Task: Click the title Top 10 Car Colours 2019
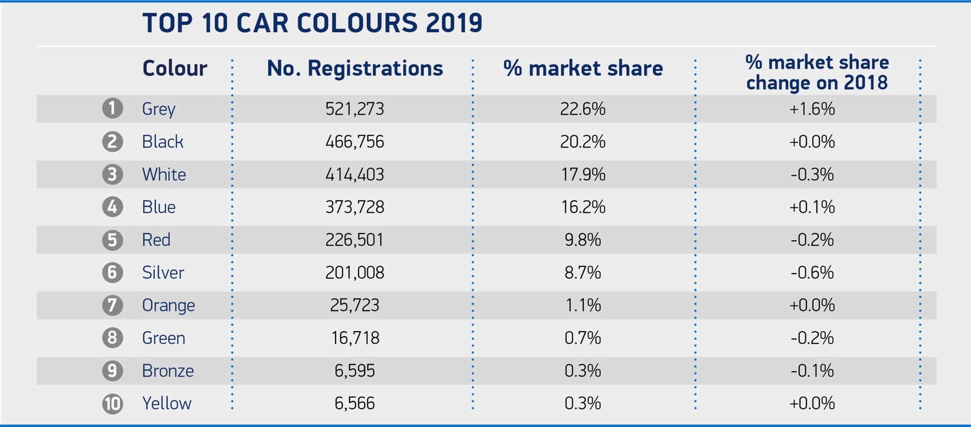(312, 24)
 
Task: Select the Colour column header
(175, 69)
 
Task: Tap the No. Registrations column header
(355, 69)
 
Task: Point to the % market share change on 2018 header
(817, 72)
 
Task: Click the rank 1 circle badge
(112, 109)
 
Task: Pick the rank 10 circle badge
(112, 403)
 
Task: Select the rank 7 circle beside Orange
(112, 305)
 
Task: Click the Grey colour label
(158, 109)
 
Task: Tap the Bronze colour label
(168, 371)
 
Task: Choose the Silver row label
(163, 272)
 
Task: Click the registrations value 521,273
(355, 109)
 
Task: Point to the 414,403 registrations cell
(355, 174)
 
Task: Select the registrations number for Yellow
(355, 403)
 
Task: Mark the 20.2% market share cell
(583, 141)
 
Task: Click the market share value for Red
(583, 240)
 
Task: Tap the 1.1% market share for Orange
(583, 305)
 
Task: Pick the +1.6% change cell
(812, 109)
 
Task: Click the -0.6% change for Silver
(812, 272)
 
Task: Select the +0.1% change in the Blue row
(812, 207)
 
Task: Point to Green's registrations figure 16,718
(355, 338)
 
